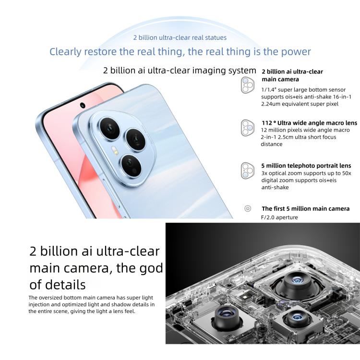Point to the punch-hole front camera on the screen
click(x=83, y=105)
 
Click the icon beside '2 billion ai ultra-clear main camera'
click(x=247, y=85)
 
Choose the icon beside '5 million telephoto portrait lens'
click(x=247, y=170)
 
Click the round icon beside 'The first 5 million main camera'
click(x=248, y=208)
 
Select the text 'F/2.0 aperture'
click(x=279, y=217)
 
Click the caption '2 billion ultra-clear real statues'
click(x=180, y=37)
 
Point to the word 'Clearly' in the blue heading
click(x=68, y=51)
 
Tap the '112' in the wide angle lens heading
click(x=267, y=123)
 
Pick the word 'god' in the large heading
click(x=152, y=268)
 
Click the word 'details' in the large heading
click(x=65, y=284)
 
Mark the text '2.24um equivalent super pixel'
click(x=293, y=104)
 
